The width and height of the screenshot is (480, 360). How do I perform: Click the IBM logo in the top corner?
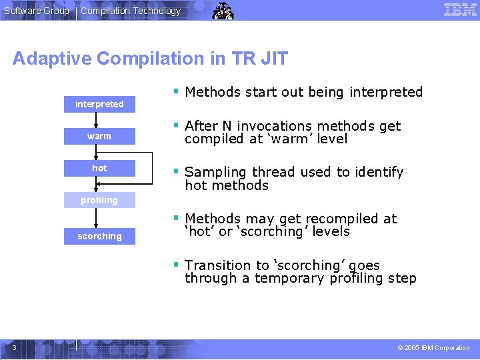click(460, 10)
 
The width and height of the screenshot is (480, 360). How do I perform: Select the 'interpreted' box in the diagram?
click(99, 104)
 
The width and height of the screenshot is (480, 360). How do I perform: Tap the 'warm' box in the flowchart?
click(99, 136)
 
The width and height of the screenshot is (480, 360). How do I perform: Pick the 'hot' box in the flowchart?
click(99, 168)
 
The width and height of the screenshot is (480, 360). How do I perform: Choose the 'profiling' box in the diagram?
click(99, 200)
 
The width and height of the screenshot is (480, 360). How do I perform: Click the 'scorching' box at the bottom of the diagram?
click(99, 236)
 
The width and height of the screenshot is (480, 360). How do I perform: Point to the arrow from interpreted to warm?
click(98, 120)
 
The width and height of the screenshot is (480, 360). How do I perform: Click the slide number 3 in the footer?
click(14, 347)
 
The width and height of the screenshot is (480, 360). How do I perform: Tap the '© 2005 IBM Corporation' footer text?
click(433, 348)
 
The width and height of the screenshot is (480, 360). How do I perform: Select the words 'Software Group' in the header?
click(37, 11)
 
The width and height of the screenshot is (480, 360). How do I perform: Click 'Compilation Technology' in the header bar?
click(131, 11)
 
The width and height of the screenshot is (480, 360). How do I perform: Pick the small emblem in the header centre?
click(223, 11)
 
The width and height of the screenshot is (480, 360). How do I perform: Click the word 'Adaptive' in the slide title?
click(52, 59)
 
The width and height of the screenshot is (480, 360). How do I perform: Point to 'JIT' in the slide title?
click(273, 59)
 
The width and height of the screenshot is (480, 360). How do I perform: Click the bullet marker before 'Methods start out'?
click(175, 91)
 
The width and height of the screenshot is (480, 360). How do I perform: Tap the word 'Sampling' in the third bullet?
click(213, 173)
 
